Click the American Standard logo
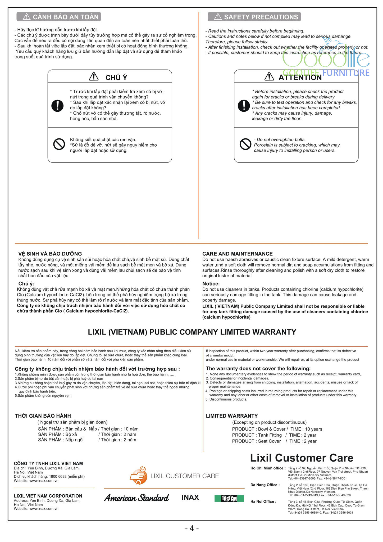(x=136, y=498)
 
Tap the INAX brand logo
(x=190, y=498)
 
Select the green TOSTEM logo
(x=229, y=498)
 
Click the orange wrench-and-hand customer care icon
(x=138, y=476)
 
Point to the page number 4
(x=192, y=528)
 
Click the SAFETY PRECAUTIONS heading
(x=254, y=17)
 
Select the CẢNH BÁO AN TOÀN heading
(x=59, y=17)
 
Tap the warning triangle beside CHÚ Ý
(x=94, y=77)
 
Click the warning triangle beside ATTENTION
(x=269, y=77)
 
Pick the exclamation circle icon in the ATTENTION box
(x=244, y=105)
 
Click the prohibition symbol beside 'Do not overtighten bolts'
(x=245, y=144)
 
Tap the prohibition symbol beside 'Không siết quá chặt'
(x=59, y=144)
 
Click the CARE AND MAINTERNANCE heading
(x=237, y=254)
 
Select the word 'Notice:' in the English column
(x=211, y=284)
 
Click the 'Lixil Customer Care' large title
(x=302, y=458)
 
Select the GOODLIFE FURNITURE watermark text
(x=326, y=73)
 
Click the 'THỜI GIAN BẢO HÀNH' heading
(x=43, y=416)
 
